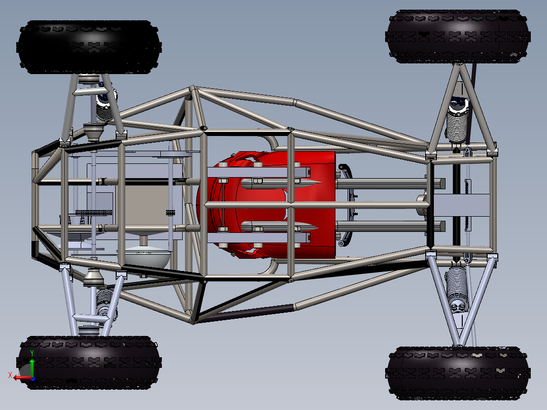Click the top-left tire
[89, 47]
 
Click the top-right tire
[458, 36]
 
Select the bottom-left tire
[89, 362]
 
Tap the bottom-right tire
[458, 373]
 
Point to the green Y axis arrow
[31, 364]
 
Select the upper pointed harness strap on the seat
[279, 183]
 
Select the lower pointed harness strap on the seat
[279, 226]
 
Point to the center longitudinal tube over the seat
[315, 205]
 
